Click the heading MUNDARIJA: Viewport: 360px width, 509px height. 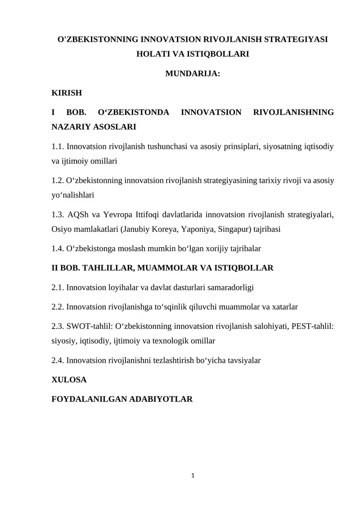point(193,74)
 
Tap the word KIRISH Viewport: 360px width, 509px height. point(67,93)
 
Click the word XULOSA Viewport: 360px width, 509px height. point(69,379)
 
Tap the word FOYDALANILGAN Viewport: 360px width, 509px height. point(90,399)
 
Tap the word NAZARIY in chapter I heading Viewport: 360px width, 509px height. point(71,127)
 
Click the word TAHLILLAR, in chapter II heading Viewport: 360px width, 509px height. point(104,268)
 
